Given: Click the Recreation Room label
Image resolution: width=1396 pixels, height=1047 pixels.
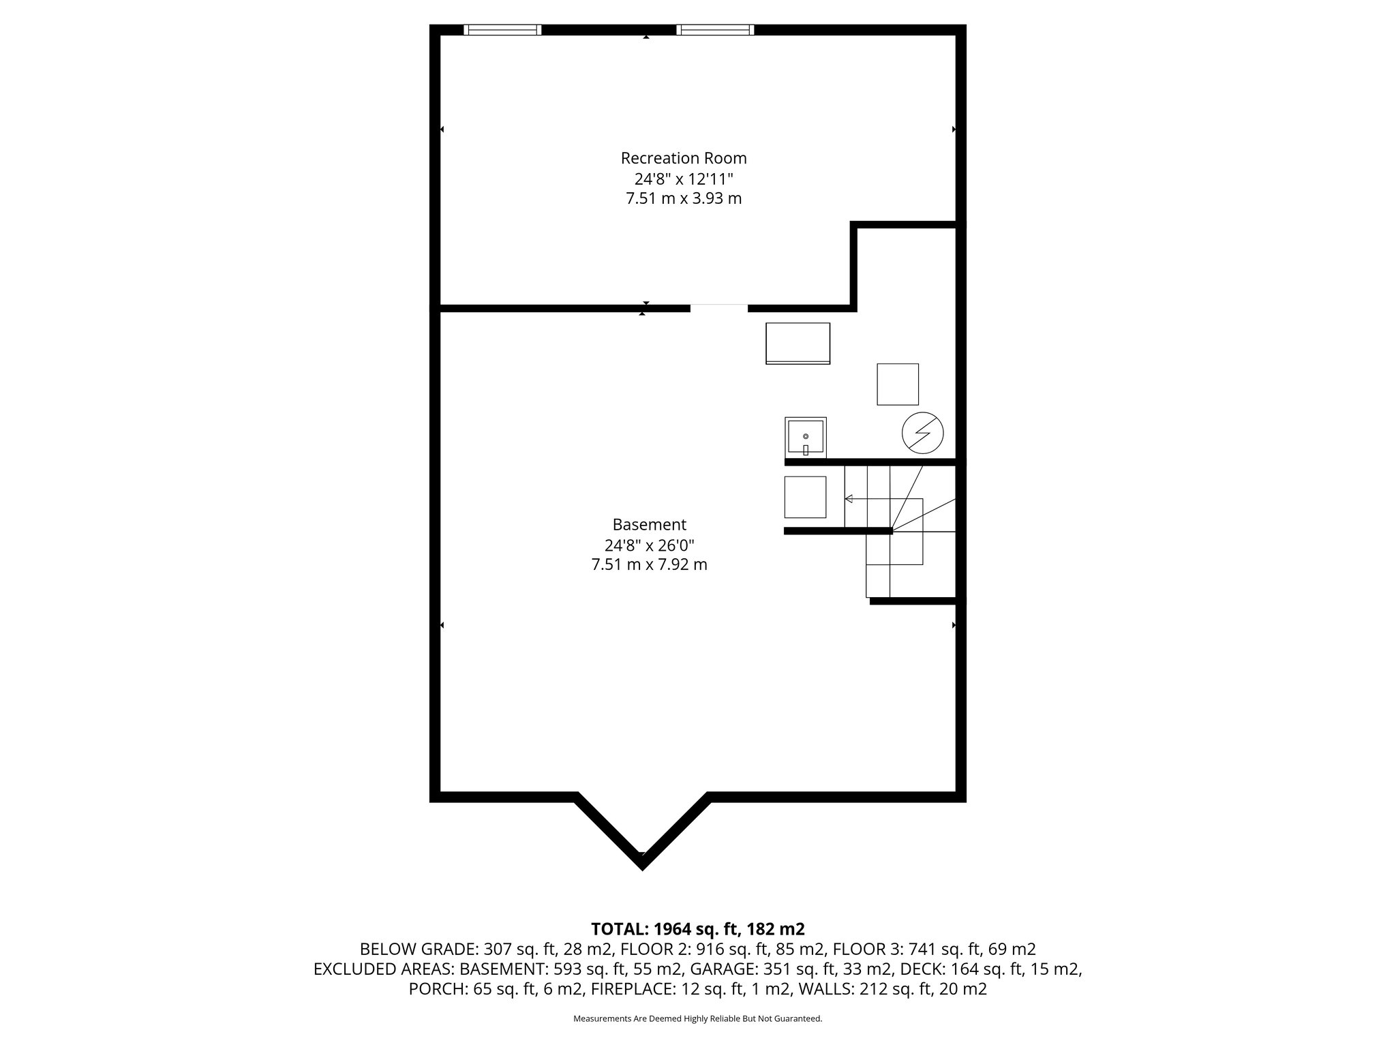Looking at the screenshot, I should pos(684,158).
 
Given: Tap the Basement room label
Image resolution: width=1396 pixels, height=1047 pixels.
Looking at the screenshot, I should pos(649,525).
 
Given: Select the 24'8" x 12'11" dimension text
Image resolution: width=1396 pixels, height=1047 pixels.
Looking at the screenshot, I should pos(684,179).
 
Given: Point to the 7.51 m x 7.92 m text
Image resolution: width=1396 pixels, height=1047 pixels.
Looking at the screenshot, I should pos(649,565).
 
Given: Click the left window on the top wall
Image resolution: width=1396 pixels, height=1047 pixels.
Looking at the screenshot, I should pos(502,29).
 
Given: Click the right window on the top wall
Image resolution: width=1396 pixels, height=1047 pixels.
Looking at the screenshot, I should pos(715,29).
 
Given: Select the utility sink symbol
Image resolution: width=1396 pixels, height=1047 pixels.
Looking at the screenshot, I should pos(805,438).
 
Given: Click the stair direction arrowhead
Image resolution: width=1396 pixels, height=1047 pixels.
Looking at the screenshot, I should pos(849,499).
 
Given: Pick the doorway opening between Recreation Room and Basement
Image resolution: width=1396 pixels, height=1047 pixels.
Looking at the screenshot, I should pos(719,308).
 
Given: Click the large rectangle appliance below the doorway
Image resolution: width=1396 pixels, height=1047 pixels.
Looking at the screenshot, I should pos(798,344).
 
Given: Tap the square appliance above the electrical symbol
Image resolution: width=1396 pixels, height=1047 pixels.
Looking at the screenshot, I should pos(897,384).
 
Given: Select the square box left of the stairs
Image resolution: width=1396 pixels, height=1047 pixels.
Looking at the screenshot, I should pos(805,497).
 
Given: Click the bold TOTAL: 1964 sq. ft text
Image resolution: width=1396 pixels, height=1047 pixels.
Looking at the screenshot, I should pos(697,929).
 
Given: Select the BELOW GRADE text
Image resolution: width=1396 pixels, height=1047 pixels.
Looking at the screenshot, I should pos(419,950).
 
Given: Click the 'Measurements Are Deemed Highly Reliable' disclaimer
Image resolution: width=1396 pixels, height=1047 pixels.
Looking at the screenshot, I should pos(697,1019).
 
